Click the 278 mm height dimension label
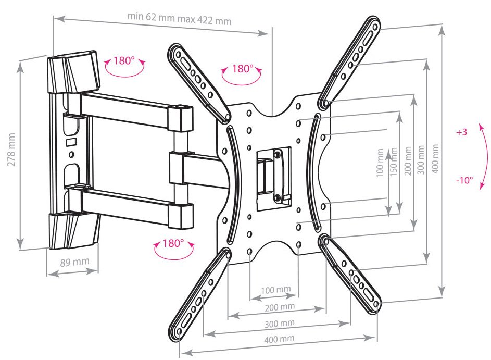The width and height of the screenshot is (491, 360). coord(11,150)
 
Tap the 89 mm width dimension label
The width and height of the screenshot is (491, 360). coord(74,262)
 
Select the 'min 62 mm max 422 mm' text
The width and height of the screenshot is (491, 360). coord(180,18)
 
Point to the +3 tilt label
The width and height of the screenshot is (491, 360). coord(461,132)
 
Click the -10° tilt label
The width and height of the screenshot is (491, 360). coord(464,180)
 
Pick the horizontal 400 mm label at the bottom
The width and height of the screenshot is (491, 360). coord(279,339)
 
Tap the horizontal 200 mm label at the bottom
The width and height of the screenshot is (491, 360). coord(280,307)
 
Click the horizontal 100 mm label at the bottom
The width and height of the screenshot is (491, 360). coord(275,290)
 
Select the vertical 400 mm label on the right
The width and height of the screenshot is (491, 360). coord(435,158)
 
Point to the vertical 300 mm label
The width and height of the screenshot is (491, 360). coord(421,160)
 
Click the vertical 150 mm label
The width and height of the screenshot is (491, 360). coord(394,162)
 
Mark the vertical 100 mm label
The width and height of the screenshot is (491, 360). coord(380,163)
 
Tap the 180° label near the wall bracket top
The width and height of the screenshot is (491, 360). coord(124,60)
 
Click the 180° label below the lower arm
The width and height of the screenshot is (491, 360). coord(173,243)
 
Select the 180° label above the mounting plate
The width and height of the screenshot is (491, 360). coord(243,69)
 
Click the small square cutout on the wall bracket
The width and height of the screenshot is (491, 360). coord(71,142)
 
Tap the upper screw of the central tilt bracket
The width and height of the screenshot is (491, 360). coord(277,155)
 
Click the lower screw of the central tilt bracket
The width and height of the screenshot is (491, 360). coord(277,197)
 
